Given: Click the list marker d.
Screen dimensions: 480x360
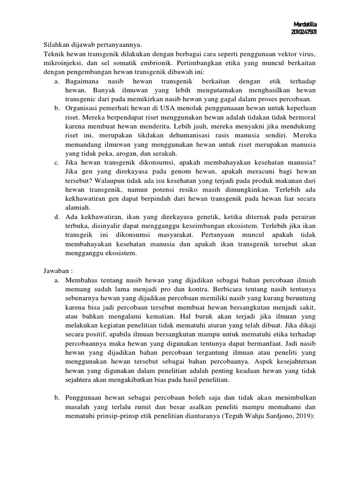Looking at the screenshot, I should pyautogui.click(x=56, y=217).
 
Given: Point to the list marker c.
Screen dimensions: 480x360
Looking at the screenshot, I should pyautogui.click(x=56, y=163).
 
